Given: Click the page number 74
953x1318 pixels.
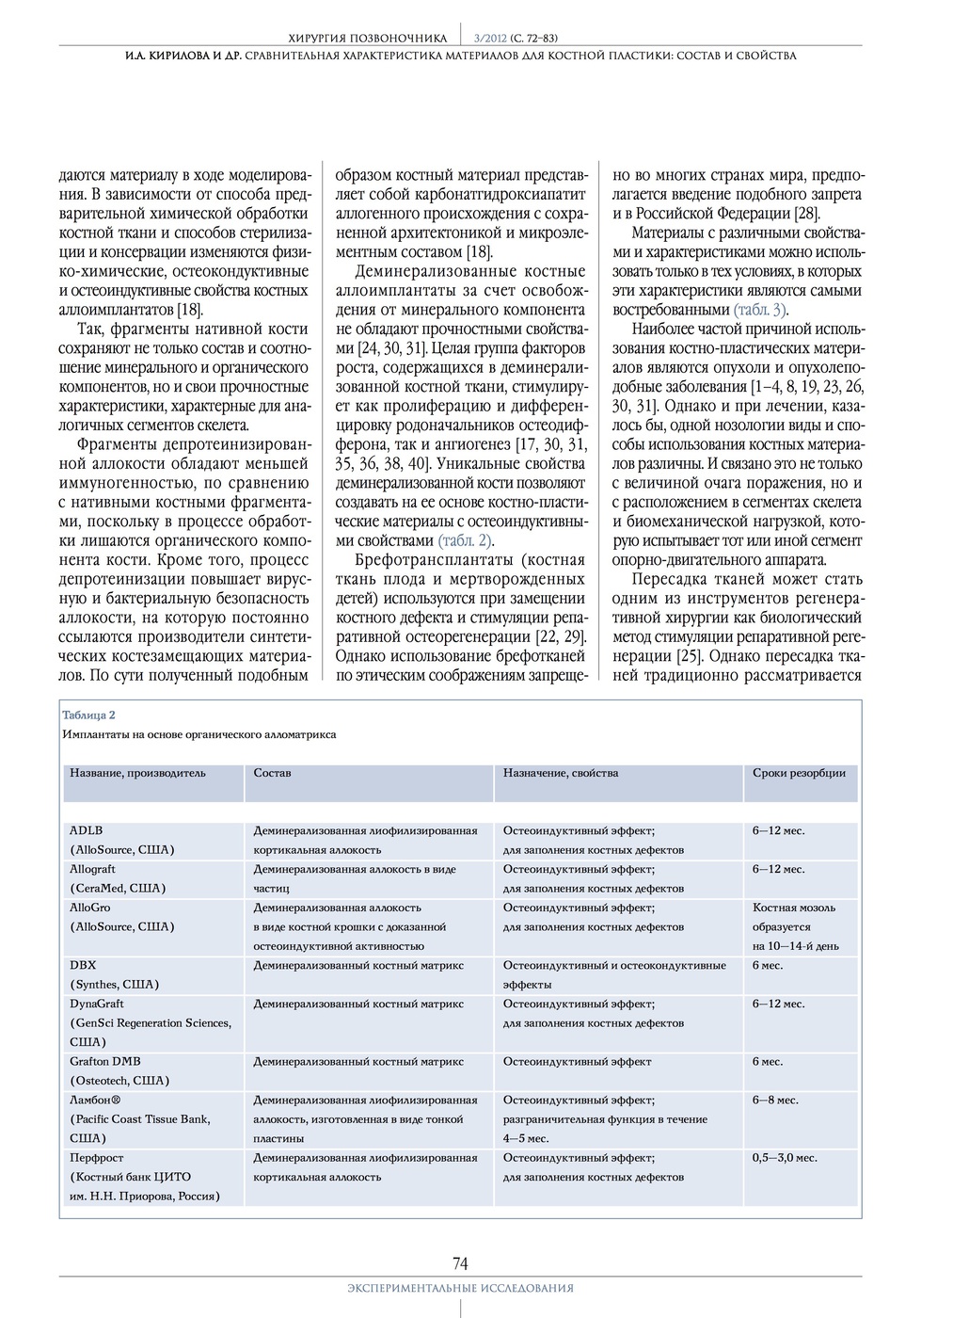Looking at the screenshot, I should [460, 1262].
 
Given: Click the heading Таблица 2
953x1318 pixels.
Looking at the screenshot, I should [88, 715].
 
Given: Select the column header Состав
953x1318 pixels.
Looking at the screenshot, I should [272, 773].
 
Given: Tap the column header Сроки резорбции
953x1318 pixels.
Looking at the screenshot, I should [799, 773].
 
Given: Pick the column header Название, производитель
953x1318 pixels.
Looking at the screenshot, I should [137, 773].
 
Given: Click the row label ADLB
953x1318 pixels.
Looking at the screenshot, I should [87, 830].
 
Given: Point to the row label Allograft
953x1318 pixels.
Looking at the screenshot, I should [92, 869].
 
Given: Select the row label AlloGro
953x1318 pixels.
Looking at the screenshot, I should [89, 908].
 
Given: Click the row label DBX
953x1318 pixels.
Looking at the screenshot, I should [83, 965].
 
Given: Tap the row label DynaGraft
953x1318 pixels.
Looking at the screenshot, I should [97, 1004].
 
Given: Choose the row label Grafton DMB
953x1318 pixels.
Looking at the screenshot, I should [105, 1061].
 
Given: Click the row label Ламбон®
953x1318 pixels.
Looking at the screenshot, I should [95, 1100].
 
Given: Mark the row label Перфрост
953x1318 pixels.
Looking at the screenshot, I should [97, 1157].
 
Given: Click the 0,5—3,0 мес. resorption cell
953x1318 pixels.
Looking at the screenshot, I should [785, 1157].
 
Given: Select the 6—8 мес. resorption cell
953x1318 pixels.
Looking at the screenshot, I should [775, 1100].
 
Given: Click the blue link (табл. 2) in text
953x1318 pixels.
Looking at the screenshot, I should [466, 540].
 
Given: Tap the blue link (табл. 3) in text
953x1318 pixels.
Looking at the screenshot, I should [760, 310].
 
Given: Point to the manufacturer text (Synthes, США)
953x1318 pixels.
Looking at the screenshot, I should [115, 984].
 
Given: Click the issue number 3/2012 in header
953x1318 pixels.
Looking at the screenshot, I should [489, 38].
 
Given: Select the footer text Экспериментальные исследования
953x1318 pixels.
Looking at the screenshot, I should [460, 1288].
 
